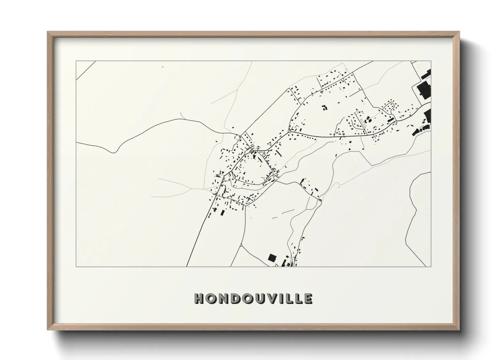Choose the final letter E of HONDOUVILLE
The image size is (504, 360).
click(x=308, y=298)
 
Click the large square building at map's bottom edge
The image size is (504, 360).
click(x=272, y=257)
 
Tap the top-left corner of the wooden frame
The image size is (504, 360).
click(x=48, y=32)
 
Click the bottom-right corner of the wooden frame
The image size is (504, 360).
click(x=459, y=330)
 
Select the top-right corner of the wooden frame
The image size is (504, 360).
click(x=459, y=32)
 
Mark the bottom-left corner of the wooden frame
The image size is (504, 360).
click(x=48, y=330)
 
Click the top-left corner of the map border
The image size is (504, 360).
click(x=76, y=61)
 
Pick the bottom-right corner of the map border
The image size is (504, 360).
click(x=431, y=266)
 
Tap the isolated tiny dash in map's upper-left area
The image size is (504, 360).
click(x=163, y=67)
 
